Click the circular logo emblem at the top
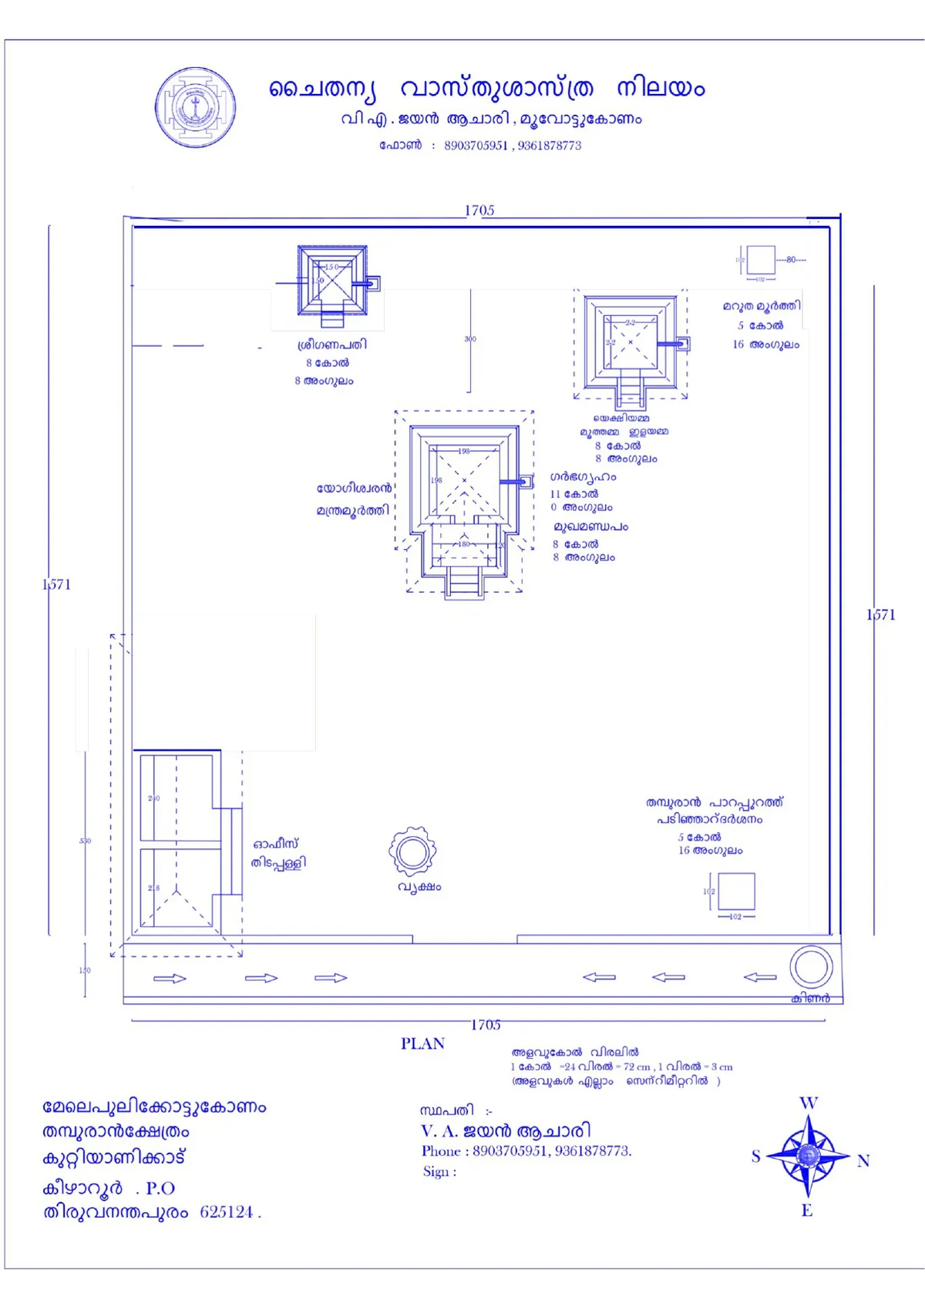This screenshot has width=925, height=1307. (x=195, y=107)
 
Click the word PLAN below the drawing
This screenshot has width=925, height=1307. (x=422, y=1043)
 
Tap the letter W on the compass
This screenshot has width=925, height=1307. (x=808, y=1103)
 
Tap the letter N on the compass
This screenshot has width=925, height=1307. (x=863, y=1161)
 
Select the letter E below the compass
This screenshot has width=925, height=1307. (x=806, y=1210)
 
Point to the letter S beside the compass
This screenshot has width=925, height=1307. (x=755, y=1156)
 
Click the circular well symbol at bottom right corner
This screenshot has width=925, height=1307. (x=811, y=966)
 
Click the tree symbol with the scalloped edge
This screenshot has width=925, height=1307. (x=412, y=852)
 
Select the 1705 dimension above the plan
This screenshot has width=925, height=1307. (x=479, y=210)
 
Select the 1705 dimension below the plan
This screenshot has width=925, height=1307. (x=486, y=1024)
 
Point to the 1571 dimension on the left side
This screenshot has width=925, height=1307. (x=56, y=584)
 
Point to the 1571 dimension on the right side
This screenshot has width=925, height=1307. (x=880, y=614)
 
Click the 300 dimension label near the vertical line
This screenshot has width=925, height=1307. (x=470, y=339)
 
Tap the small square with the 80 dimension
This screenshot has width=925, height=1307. (x=761, y=260)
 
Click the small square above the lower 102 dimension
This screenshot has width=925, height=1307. (x=736, y=892)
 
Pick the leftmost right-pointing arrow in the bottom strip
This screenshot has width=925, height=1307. (x=170, y=978)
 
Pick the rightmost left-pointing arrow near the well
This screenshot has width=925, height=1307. (x=760, y=977)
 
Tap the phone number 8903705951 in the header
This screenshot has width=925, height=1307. (x=476, y=146)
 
